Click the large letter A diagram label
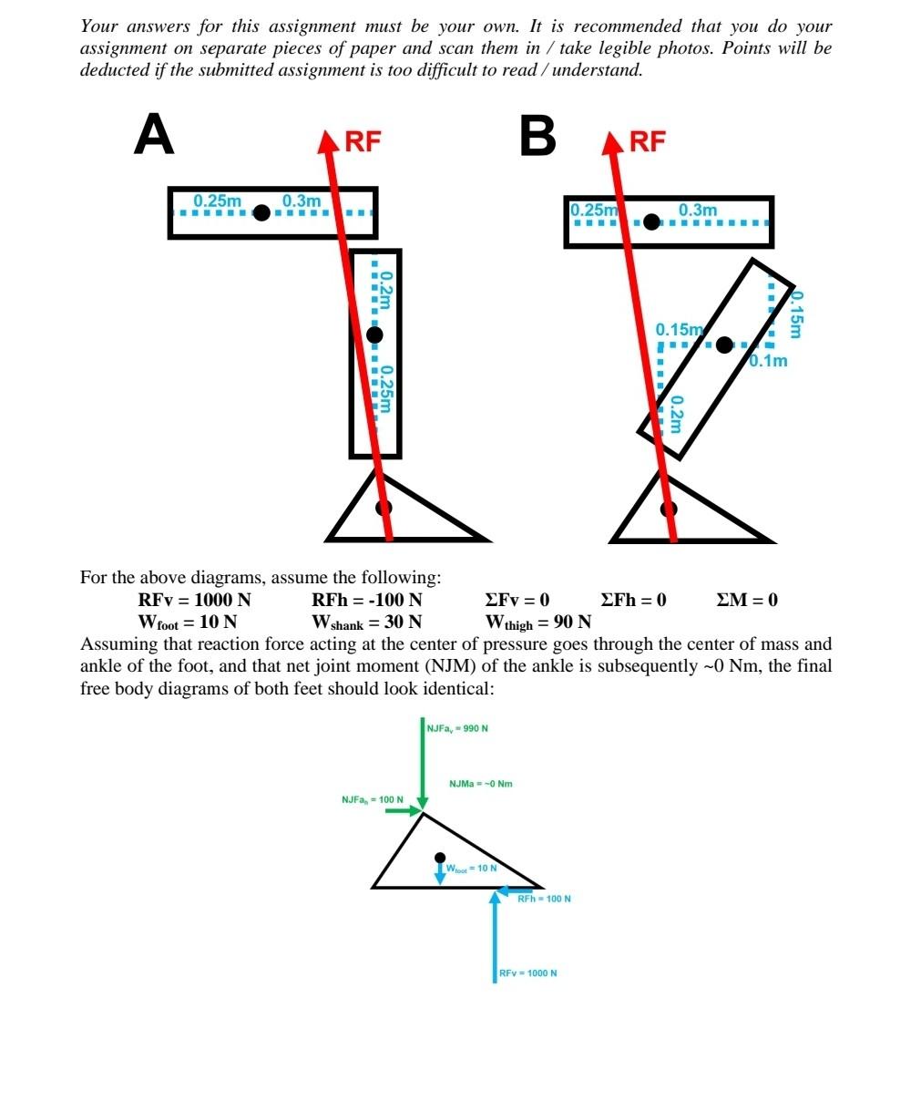pyautogui.click(x=154, y=135)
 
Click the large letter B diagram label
pyautogui.click(x=537, y=136)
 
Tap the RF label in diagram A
pyautogui.click(x=363, y=141)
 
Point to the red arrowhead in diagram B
pyautogui.click(x=612, y=143)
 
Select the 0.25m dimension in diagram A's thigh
pyautogui.click(x=218, y=201)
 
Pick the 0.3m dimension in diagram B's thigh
pyautogui.click(x=698, y=210)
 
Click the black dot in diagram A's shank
pyautogui.click(x=374, y=334)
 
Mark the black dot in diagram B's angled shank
pyautogui.click(x=724, y=345)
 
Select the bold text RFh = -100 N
pyautogui.click(x=366, y=600)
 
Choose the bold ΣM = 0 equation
pyautogui.click(x=747, y=600)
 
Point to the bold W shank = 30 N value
pyautogui.click(x=366, y=623)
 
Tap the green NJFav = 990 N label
pyautogui.click(x=457, y=728)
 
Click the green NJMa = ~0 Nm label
pyautogui.click(x=480, y=784)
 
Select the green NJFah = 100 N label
pyautogui.click(x=372, y=799)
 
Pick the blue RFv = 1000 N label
pyautogui.click(x=528, y=973)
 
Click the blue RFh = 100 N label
pyautogui.click(x=544, y=899)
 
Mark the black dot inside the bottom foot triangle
pyautogui.click(x=440, y=858)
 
